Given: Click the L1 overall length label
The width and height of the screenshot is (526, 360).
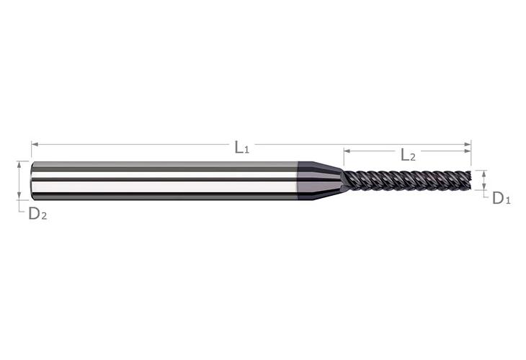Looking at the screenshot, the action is pos(242,148).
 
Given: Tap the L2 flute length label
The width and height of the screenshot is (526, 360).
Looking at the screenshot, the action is pos(409,155).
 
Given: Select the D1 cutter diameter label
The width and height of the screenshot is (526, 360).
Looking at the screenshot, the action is pos(502,199).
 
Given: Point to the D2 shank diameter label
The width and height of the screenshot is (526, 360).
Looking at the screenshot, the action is pos(37,214).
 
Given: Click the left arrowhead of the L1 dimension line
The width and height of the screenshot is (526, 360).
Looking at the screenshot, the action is pos(35,145).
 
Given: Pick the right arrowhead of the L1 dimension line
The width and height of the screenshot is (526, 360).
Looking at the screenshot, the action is pos(468,145).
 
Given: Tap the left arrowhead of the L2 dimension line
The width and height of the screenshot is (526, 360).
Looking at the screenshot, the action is pos(347,150).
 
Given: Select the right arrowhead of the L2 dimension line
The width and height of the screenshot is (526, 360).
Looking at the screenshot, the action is pos(468,150).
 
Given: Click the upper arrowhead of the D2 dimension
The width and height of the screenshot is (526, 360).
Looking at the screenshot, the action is pos(19,165).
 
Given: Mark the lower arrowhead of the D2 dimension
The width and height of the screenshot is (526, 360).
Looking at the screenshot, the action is pos(19,197).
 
